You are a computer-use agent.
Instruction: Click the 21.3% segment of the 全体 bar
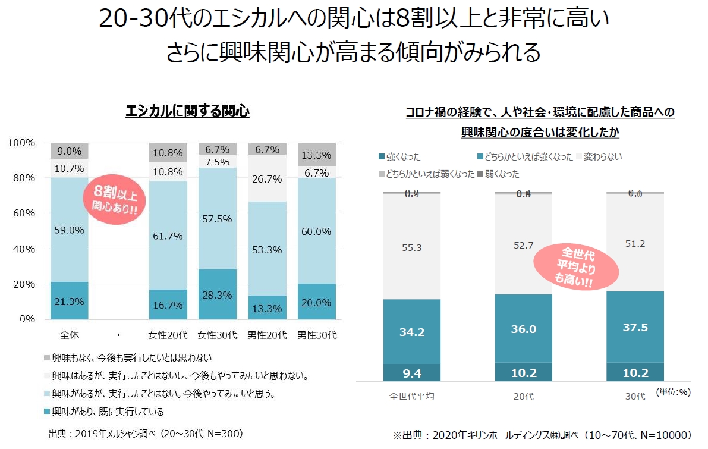pos(69,301)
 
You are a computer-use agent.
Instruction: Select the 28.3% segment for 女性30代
pos(217,295)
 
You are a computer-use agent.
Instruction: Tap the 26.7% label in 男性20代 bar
pos(267,178)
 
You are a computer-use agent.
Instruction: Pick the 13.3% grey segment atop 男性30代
pos(316,155)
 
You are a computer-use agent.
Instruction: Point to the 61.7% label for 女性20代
pos(168,237)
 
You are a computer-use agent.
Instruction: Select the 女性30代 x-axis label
pos(217,335)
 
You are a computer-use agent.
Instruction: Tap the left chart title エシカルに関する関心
pos(187,111)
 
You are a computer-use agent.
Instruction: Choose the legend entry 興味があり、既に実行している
pos(107,412)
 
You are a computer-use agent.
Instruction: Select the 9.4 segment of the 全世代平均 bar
pos(412,373)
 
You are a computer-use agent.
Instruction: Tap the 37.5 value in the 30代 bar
pos(635,328)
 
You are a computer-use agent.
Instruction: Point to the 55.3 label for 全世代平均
pos(412,247)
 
